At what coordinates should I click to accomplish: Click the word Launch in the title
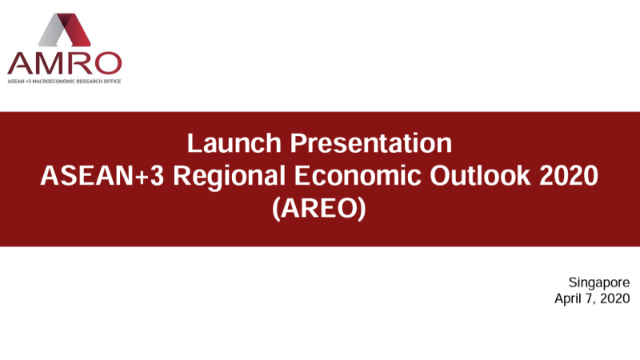[x=234, y=143]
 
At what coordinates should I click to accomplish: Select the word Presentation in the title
[x=371, y=143]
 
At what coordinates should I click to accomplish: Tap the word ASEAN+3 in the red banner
[x=102, y=176]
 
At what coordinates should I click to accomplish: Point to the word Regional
[x=229, y=178]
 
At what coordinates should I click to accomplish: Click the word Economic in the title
[x=358, y=176]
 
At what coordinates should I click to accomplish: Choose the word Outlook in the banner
[x=480, y=176]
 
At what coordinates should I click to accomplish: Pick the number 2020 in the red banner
[x=569, y=176]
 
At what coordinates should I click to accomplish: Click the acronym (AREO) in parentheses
[x=319, y=209]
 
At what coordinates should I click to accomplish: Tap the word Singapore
[x=599, y=283]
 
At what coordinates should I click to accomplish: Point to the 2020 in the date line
[x=615, y=298]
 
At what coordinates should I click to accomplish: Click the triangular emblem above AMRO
[x=65, y=30]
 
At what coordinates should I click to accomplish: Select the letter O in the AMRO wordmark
[x=108, y=63]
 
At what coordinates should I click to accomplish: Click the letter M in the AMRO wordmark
[x=51, y=63]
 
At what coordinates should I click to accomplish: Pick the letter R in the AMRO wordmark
[x=79, y=63]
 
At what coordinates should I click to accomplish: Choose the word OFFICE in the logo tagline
[x=112, y=82]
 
